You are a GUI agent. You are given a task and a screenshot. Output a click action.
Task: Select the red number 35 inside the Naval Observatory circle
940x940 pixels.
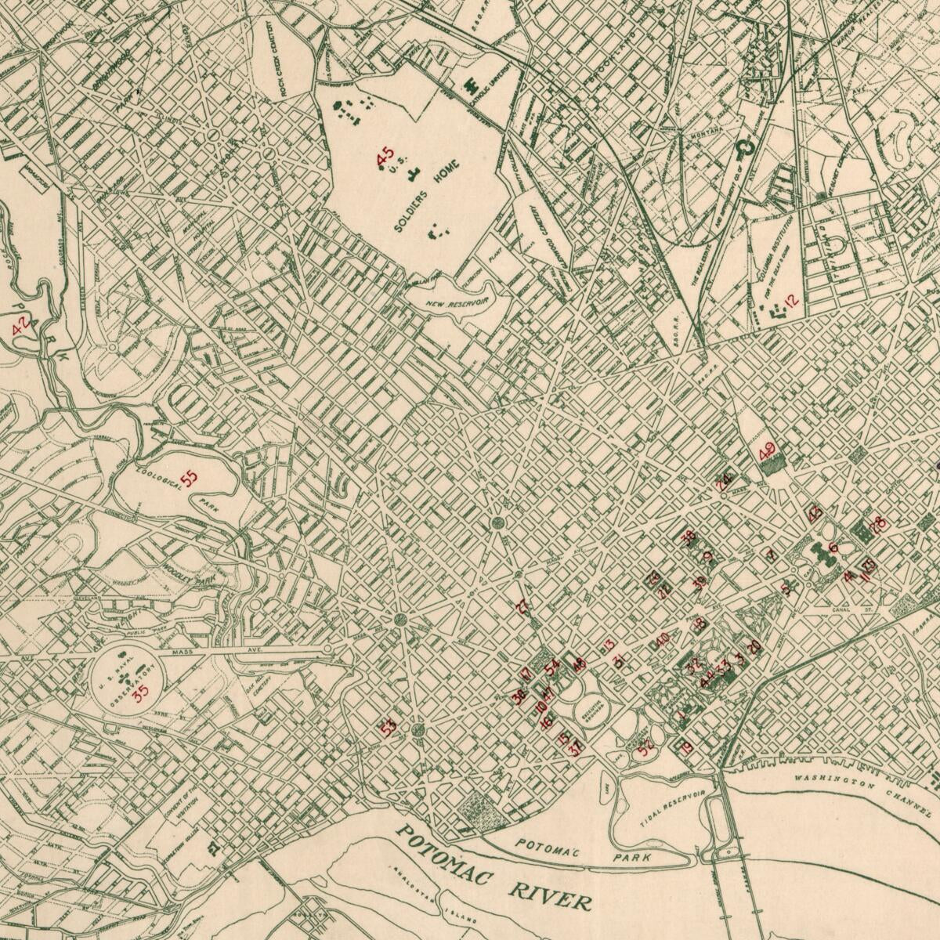point(141,692)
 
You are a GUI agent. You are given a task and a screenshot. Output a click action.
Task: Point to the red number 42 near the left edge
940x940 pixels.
point(22,326)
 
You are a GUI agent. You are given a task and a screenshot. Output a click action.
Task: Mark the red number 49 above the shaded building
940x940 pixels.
point(767,451)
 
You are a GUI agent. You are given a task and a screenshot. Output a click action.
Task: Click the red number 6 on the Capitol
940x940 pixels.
point(833,548)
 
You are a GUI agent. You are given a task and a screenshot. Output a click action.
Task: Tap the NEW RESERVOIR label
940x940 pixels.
point(458,301)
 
